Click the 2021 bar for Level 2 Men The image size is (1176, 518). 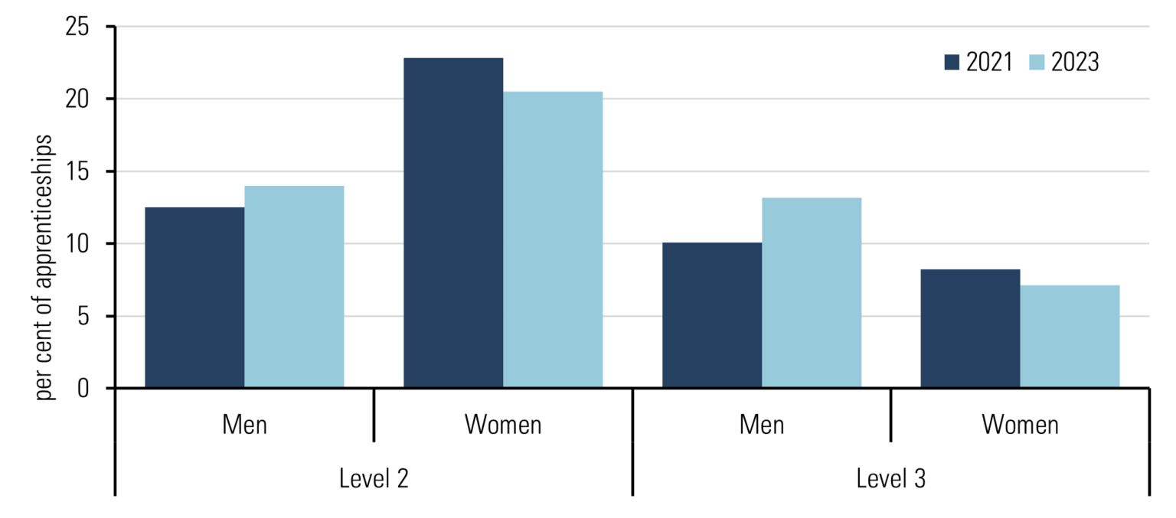click(x=194, y=298)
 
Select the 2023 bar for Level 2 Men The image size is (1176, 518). click(x=294, y=287)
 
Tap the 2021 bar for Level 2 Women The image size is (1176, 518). click(x=453, y=223)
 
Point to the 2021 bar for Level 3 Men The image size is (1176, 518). click(x=712, y=315)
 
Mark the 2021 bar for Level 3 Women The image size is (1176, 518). click(x=970, y=328)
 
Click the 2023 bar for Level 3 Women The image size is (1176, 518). click(x=1070, y=337)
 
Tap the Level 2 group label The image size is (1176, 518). click(x=374, y=479)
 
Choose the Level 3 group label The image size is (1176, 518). click(x=891, y=479)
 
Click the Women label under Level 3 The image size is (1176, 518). click(x=1021, y=425)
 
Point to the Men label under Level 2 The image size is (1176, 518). click(x=245, y=425)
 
